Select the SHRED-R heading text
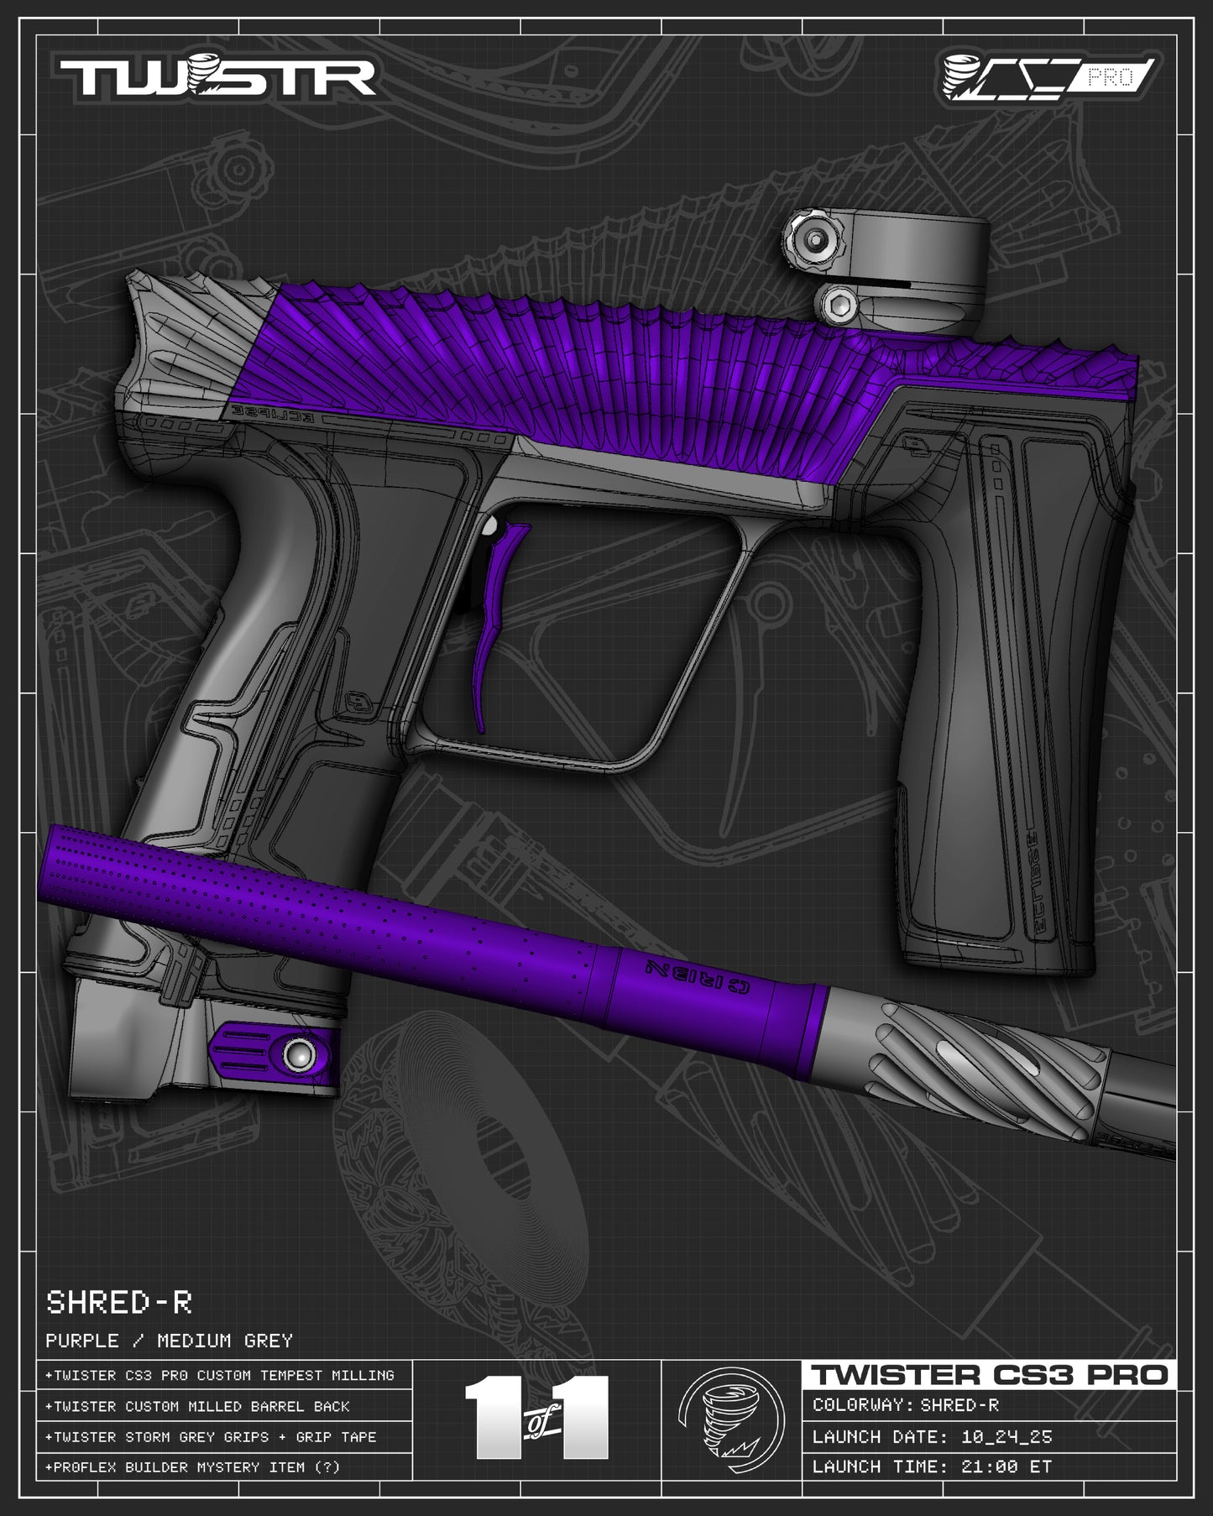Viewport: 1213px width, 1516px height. point(119,1302)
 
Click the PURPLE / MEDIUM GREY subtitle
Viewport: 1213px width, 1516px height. point(169,1341)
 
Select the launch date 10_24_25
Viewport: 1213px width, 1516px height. point(1006,1436)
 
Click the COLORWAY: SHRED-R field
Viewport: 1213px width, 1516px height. point(906,1405)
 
